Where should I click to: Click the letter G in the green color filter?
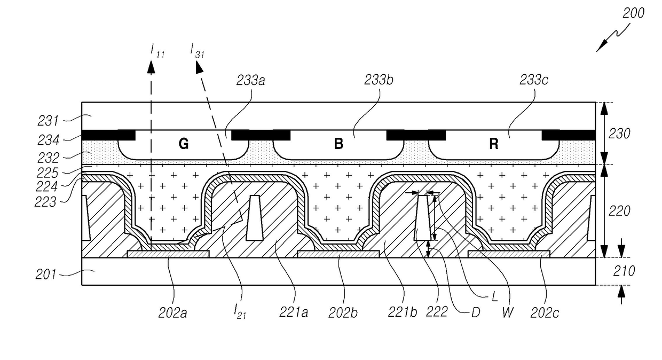click(183, 145)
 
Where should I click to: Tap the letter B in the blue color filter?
click(338, 145)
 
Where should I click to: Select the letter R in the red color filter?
click(494, 145)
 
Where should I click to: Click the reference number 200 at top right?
click(634, 13)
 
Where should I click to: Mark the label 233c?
click(534, 81)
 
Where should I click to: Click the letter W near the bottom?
click(508, 312)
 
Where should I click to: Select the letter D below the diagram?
click(472, 312)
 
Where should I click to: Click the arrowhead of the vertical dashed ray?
click(151, 66)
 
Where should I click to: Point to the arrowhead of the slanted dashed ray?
click(199, 66)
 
